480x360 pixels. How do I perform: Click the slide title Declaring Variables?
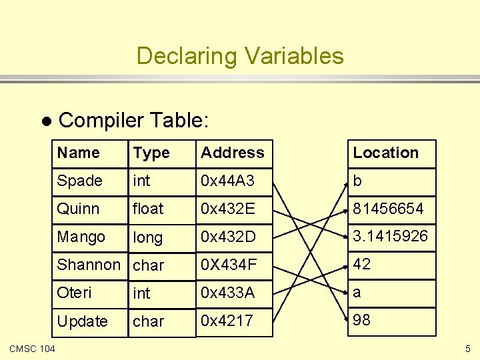click(240, 55)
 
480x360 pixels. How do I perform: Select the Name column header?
click(78, 153)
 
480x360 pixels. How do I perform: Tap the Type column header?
click(151, 153)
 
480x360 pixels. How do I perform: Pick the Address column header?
click(233, 153)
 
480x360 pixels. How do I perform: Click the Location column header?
click(385, 153)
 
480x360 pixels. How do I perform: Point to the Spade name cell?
click(79, 181)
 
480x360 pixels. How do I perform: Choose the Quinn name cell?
click(78, 209)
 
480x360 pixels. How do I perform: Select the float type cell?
click(148, 209)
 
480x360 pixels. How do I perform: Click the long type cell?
click(148, 237)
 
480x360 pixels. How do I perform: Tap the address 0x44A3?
click(229, 181)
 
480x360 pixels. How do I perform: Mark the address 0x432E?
click(228, 209)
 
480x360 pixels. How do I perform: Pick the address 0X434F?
click(228, 265)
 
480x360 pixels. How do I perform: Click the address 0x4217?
click(227, 321)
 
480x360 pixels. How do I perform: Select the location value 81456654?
click(388, 209)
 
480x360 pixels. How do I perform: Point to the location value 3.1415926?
click(390, 237)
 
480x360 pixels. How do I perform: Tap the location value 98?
click(361, 320)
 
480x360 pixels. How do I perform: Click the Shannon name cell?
click(89, 265)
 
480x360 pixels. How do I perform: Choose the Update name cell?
click(82, 321)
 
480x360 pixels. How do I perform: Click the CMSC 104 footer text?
click(33, 349)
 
